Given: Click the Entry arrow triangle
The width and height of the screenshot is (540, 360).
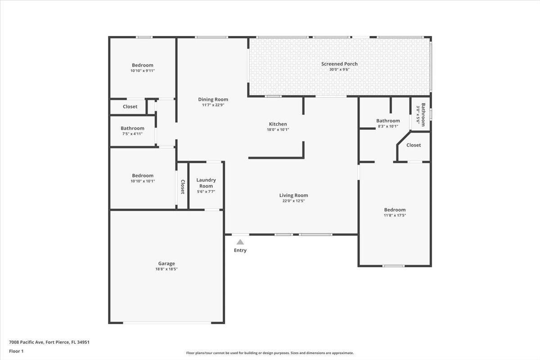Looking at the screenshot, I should click(x=240, y=242).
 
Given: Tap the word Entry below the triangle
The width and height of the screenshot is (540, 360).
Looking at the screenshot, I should click(x=240, y=250).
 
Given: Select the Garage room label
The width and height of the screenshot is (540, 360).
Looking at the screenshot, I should click(x=166, y=264).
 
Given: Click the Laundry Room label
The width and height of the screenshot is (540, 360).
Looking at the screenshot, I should click(x=206, y=183).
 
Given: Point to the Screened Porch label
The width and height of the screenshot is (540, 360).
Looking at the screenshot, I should click(x=339, y=64).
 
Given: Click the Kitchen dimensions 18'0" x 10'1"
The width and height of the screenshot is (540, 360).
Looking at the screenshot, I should click(x=278, y=130).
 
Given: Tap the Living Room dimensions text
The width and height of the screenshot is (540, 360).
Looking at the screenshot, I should click(x=293, y=201).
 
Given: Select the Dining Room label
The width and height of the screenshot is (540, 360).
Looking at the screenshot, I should click(x=213, y=99).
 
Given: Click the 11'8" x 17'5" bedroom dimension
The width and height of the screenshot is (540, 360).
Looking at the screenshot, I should click(x=395, y=215).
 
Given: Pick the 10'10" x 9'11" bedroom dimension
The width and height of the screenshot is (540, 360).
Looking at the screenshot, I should click(x=142, y=71).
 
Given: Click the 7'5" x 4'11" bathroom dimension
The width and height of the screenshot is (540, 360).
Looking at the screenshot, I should click(x=132, y=134).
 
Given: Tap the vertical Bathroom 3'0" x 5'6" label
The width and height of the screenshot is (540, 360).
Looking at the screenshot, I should click(x=420, y=115).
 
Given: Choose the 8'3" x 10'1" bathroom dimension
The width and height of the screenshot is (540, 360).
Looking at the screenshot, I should click(x=388, y=126).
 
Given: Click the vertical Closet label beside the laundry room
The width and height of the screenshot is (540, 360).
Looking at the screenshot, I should click(x=183, y=186).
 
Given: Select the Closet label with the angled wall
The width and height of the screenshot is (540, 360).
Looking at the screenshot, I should click(x=414, y=145).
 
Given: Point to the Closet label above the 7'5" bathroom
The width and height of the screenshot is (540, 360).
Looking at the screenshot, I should click(x=130, y=107).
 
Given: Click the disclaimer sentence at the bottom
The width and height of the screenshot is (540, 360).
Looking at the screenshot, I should click(x=270, y=353).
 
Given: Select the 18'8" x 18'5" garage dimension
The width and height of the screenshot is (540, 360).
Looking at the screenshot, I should click(x=166, y=269).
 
